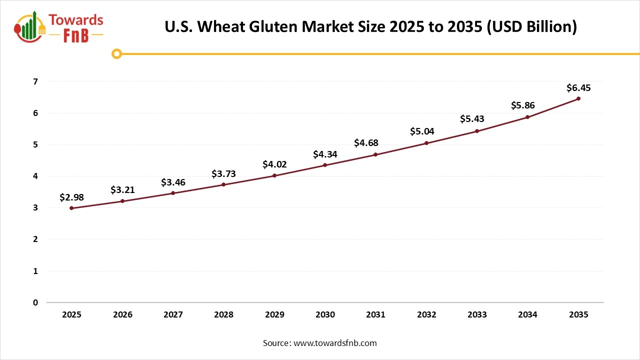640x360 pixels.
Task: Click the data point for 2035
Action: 578,98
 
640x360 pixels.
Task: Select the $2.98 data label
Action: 71,197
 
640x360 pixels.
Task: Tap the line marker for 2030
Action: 325,165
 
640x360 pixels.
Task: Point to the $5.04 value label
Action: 422,131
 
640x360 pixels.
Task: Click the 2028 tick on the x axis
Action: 223,315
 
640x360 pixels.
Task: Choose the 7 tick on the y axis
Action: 35,81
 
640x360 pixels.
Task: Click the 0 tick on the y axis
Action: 35,302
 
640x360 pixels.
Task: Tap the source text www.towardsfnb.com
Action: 335,343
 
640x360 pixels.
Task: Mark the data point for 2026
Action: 122,201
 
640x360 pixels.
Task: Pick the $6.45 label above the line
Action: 578,88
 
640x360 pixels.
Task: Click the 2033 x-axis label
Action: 477,315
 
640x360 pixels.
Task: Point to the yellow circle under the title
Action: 116,54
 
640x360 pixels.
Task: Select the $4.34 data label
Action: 325,154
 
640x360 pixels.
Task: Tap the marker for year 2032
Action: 426,143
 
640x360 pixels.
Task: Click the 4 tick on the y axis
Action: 35,176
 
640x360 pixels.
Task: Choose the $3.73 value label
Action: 223,174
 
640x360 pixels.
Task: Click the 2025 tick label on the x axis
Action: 71,315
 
